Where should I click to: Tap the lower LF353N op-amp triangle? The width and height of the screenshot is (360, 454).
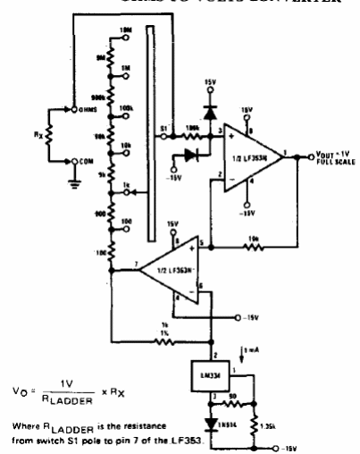click(x=175, y=265)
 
